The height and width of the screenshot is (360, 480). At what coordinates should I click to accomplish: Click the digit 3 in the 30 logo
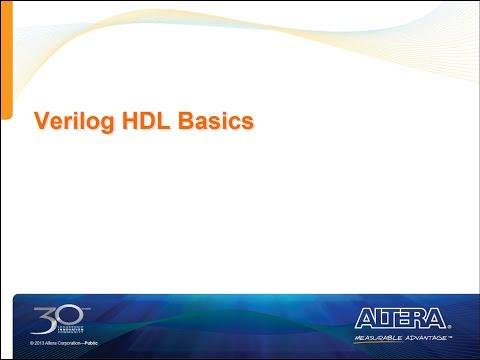45,319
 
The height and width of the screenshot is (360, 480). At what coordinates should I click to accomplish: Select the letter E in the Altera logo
408,318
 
